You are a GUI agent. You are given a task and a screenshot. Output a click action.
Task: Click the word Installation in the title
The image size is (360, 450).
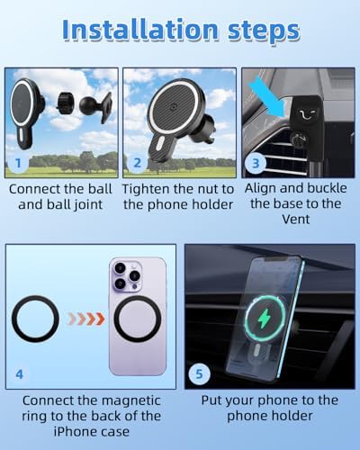140,30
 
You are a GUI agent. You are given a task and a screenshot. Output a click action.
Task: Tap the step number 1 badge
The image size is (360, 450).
18,163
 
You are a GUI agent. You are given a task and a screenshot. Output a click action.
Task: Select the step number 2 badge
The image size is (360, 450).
137,163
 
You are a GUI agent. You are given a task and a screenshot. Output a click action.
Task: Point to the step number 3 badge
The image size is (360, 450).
256,163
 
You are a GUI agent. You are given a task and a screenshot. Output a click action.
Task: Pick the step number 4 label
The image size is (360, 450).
19,374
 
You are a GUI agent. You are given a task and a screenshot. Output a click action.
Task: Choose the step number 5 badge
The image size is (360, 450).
199,374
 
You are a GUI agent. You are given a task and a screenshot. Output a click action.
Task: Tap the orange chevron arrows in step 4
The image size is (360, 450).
86,319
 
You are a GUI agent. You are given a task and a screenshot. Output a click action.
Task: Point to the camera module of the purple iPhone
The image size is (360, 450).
127,275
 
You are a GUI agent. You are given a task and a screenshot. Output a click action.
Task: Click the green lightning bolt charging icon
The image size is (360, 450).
265,319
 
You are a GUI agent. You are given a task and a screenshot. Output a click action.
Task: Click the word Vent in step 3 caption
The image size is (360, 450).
296,220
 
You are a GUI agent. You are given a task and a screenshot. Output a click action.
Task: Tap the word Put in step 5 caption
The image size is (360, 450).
211,400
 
